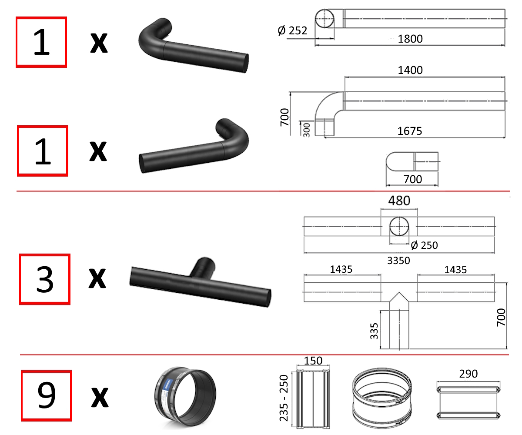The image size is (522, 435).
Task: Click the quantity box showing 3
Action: pyautogui.click(x=45, y=279)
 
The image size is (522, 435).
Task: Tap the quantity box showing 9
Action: pyautogui.click(x=47, y=396)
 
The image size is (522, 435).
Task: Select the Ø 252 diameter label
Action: pyautogui.click(x=292, y=31)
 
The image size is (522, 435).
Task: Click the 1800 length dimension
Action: pyautogui.click(x=410, y=39)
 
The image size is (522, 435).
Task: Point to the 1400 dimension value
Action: pyautogui.click(x=410, y=70)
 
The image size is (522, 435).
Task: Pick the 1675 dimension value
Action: pyautogui.click(x=410, y=131)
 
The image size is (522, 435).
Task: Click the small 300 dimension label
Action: pyautogui.click(x=307, y=130)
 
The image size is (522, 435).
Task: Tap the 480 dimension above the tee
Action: pyautogui.click(x=399, y=201)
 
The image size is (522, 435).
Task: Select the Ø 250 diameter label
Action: pyautogui.click(x=424, y=245)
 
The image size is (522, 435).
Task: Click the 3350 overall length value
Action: pyautogui.click(x=399, y=261)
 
